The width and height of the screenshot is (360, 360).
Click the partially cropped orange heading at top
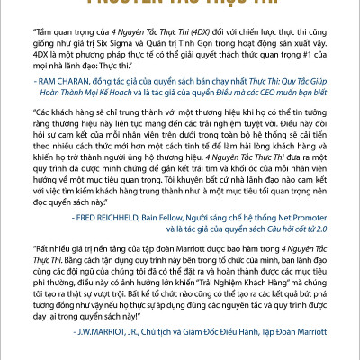point(180,4)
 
